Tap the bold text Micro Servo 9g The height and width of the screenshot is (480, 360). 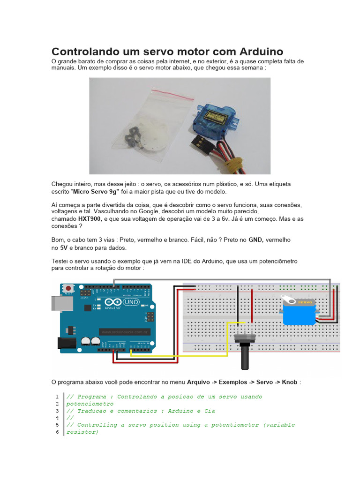(x=96, y=192)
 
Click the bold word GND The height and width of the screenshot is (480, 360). (x=256, y=240)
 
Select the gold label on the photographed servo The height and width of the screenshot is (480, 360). (x=217, y=115)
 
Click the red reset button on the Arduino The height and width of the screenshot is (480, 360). (x=69, y=288)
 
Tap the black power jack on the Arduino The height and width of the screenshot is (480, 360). (x=66, y=344)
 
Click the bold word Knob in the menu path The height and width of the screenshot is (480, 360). (x=289, y=382)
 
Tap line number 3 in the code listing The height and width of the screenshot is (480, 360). (x=57, y=411)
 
